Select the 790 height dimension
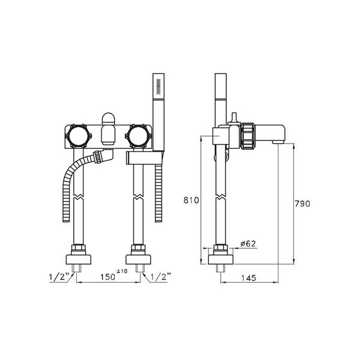[302, 204]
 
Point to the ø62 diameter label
[248, 243]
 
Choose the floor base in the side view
[220, 259]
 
